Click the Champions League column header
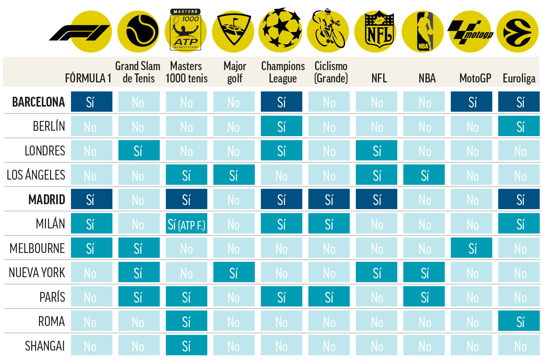283,72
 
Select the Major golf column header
235,72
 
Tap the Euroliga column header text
519,78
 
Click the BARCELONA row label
39,102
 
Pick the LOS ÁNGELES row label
36,175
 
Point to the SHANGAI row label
45,346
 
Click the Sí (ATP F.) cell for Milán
186,224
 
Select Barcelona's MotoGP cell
472,102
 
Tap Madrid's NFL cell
376,200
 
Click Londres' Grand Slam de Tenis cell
139,151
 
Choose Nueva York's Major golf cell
233,273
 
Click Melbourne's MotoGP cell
472,248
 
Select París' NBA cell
424,297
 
